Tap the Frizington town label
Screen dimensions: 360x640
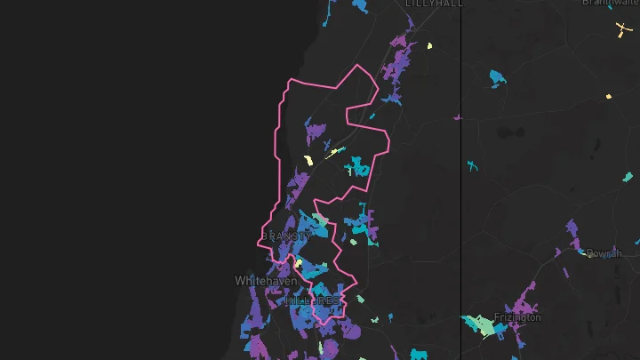click(517, 317)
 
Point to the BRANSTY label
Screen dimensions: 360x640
click(286, 236)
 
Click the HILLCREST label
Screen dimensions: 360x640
click(312, 301)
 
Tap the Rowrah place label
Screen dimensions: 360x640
click(604, 254)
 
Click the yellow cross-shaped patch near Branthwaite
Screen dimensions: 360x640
click(620, 30)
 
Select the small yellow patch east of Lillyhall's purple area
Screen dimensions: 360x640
click(429, 45)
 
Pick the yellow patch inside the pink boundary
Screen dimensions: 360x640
click(308, 161)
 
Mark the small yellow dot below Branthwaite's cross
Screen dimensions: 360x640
click(609, 96)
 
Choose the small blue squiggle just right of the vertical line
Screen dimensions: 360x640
click(471, 165)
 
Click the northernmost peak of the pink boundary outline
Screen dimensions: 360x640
click(358, 66)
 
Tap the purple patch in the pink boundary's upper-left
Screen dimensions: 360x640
click(316, 133)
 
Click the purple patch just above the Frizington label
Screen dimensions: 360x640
click(524, 297)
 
